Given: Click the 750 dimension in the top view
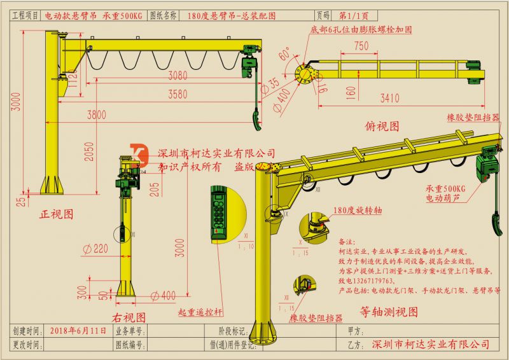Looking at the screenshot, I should tap(361, 45).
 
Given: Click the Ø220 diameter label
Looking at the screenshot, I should tap(96, 249).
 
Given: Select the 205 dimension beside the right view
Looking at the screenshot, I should tap(156, 188).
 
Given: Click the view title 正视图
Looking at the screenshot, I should tap(57, 214).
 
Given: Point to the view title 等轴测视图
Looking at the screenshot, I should tap(389, 312).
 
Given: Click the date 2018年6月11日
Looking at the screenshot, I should tap(77, 331).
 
